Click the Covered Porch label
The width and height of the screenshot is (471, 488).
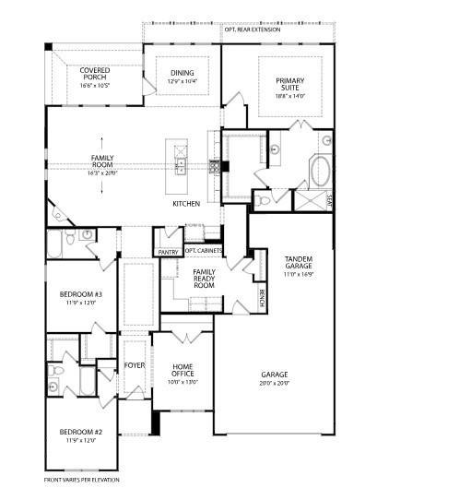point(95,74)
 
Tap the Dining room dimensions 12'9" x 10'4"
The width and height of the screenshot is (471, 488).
point(183,82)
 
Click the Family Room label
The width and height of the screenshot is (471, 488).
point(101,161)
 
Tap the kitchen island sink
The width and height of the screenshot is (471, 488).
point(182,167)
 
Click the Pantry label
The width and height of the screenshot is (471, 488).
point(168,252)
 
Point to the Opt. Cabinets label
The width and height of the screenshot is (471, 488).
point(202,250)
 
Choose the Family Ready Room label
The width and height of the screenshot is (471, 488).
point(204,279)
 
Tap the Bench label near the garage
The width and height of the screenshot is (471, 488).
point(263,298)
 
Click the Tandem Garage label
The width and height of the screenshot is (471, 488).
point(298,264)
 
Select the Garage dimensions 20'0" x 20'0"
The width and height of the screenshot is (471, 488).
point(273,382)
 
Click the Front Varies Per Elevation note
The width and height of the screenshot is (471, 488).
point(82,480)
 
